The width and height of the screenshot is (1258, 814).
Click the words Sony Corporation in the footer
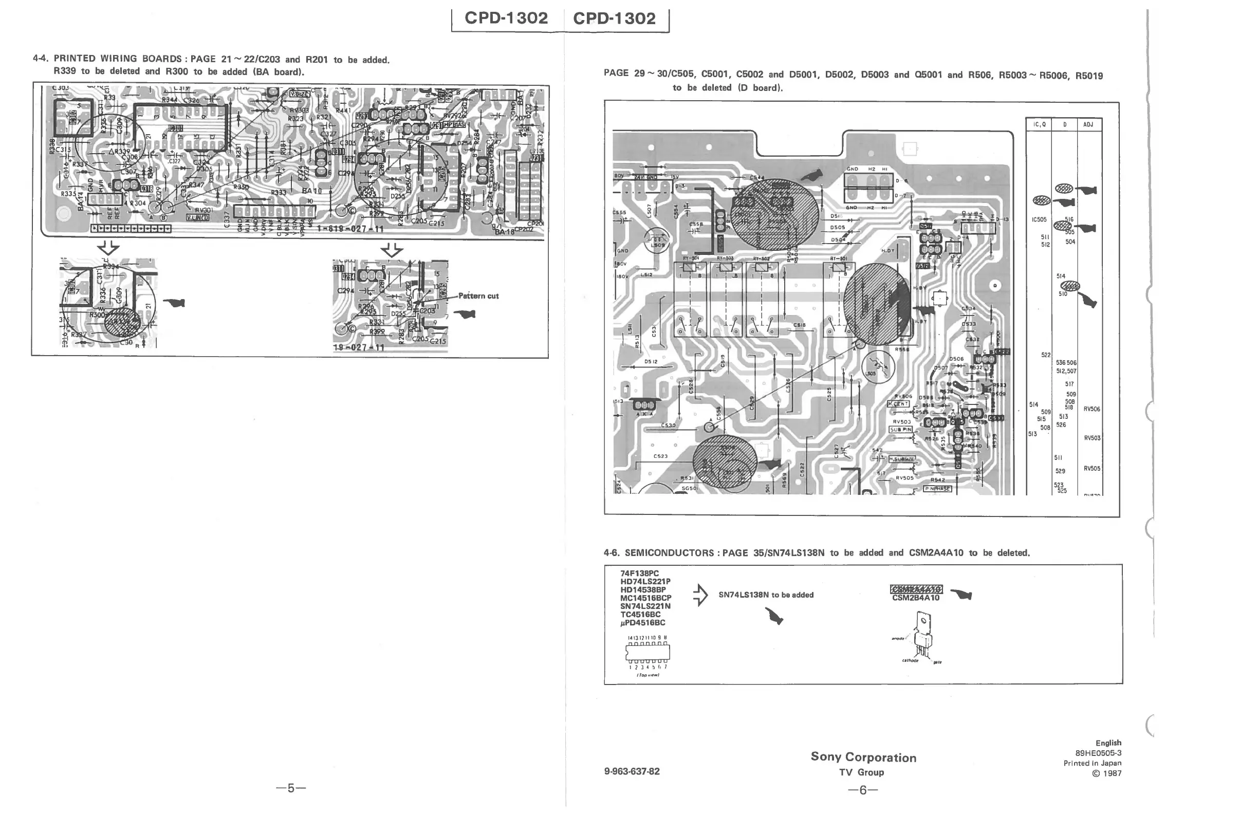[863, 757]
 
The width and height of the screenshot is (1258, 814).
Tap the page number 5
[291, 788]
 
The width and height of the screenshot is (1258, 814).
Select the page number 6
[863, 790]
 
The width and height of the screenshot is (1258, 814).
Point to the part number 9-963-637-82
[632, 771]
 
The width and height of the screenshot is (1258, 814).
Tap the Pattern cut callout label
[478, 296]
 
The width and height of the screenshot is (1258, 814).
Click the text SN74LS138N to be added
[766, 595]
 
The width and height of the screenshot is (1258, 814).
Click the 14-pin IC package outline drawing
[647, 652]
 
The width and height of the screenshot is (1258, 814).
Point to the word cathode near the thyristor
[910, 660]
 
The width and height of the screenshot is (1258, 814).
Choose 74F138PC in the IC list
[640, 573]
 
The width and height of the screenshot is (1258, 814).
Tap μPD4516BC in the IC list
[643, 623]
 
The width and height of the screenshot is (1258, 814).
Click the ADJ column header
[1088, 125]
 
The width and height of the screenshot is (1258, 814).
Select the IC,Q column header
[1039, 125]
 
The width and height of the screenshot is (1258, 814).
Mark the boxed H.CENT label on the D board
[898, 404]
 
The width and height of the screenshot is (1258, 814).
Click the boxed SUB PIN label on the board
[901, 430]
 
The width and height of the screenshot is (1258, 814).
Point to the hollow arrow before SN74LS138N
[700, 595]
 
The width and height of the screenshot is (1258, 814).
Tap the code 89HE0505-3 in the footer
[1098, 753]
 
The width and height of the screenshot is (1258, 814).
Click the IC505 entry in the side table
[1039, 219]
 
